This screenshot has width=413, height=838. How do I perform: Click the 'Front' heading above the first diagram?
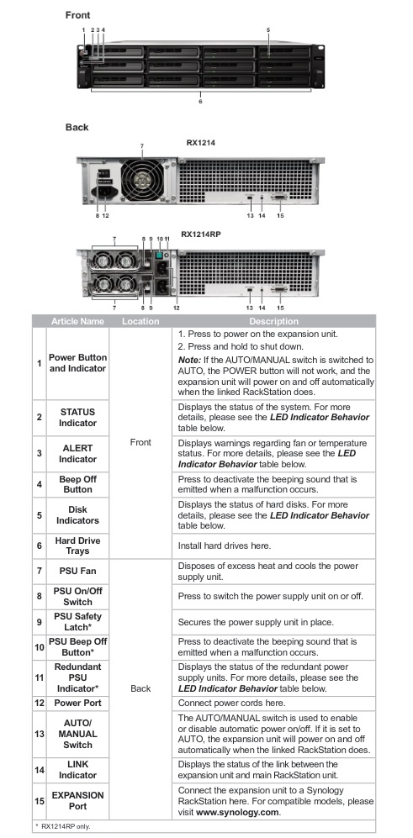click(77, 15)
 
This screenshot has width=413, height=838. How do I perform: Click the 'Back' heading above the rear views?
click(77, 127)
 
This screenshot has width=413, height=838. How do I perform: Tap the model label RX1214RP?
click(201, 234)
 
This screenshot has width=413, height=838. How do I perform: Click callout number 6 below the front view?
click(201, 101)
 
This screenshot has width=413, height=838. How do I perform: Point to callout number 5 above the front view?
click(268, 30)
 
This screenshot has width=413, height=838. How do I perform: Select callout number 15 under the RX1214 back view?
click(280, 216)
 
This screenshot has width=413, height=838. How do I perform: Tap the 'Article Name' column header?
click(77, 321)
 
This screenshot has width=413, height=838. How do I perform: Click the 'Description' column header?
click(274, 321)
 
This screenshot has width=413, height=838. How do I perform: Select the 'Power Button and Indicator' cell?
click(77, 363)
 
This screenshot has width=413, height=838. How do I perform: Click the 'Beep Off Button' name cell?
click(77, 484)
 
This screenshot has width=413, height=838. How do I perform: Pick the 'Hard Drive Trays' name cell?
click(77, 545)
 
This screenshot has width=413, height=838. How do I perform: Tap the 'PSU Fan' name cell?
click(77, 571)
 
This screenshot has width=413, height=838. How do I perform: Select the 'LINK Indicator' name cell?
click(77, 770)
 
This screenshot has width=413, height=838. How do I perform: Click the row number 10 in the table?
click(39, 647)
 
